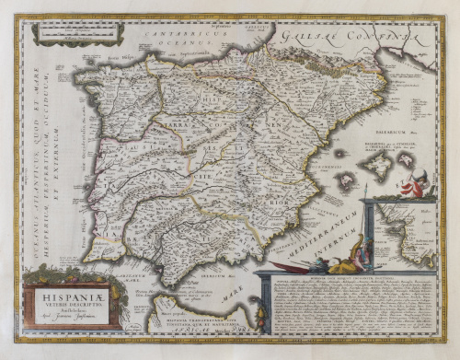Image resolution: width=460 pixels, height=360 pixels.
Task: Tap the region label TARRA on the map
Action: click(180, 122)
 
